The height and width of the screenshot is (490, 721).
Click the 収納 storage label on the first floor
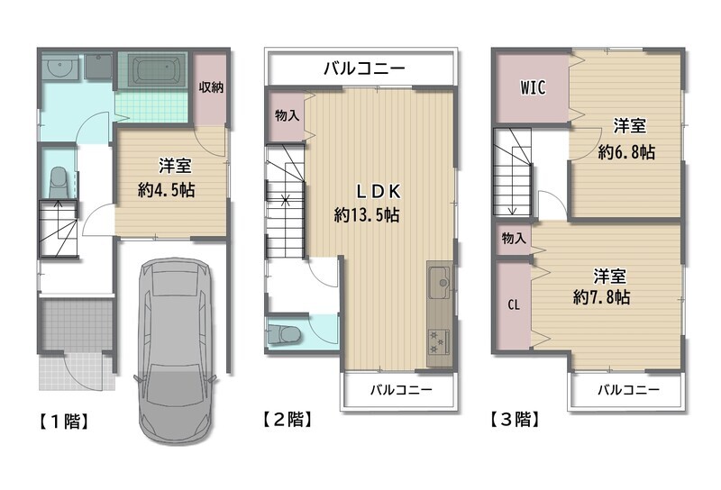pyautogui.click(x=211, y=86)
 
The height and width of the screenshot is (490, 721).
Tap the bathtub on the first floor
pyautogui.click(x=153, y=70)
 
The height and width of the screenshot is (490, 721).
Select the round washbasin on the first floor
pyautogui.click(x=59, y=68)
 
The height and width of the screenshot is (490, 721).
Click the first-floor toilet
pyautogui.click(x=59, y=182)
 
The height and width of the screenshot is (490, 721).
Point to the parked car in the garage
pyautogui.click(x=175, y=351)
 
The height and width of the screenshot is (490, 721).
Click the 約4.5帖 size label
pyautogui.click(x=166, y=189)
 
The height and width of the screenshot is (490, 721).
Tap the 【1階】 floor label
pyautogui.click(x=63, y=421)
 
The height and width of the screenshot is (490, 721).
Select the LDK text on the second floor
pyautogui.click(x=379, y=191)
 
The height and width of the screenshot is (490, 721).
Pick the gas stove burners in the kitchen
pyautogui.click(x=437, y=342)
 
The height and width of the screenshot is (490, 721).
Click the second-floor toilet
pyautogui.click(x=284, y=334)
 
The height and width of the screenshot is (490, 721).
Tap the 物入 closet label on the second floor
pyautogui.click(x=287, y=115)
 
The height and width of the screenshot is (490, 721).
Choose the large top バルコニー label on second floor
pyautogui.click(x=364, y=68)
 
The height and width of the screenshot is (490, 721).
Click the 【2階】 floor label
pyautogui.click(x=287, y=419)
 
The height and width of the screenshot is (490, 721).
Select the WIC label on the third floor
pyautogui.click(x=533, y=87)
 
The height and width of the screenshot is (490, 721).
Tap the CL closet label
pyautogui.click(x=514, y=304)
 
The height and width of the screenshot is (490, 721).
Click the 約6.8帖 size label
pyautogui.click(x=626, y=151)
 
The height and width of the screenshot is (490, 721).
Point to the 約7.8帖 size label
pyautogui.click(x=601, y=297)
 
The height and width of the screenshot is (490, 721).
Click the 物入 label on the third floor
pyautogui.click(x=514, y=238)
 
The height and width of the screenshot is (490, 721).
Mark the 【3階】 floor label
pyautogui.click(x=514, y=419)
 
